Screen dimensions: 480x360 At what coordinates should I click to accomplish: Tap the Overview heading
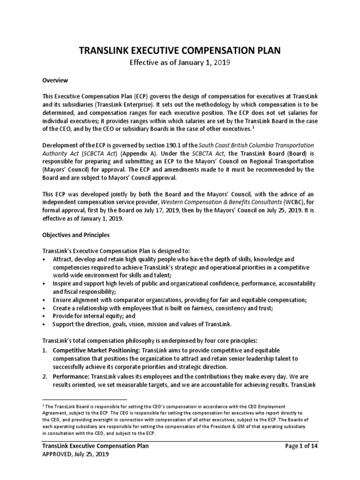[x=55, y=80]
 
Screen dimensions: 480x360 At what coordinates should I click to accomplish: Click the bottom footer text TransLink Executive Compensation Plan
[x=96, y=446]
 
